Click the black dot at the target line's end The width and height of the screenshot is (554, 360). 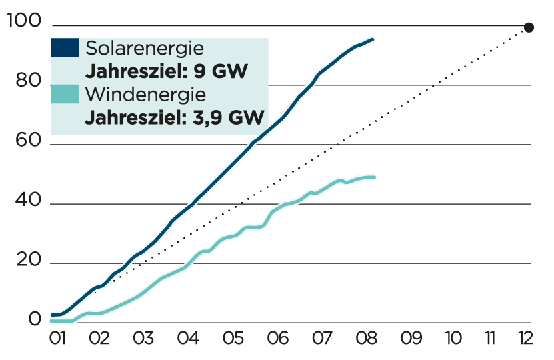tap(529, 27)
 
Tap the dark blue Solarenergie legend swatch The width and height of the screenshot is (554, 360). tap(65, 48)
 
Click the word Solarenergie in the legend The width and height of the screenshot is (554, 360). tap(145, 49)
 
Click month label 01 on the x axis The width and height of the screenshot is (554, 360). tap(57, 339)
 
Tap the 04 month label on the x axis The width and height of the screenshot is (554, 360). tap(188, 339)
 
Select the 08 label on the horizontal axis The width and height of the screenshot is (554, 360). tap(365, 339)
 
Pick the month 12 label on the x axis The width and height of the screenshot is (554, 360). tap(527, 339)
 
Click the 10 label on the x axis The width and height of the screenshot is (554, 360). tap(453, 339)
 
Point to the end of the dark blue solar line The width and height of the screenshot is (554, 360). tap(373, 40)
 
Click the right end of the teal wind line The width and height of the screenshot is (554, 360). tap(375, 177)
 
